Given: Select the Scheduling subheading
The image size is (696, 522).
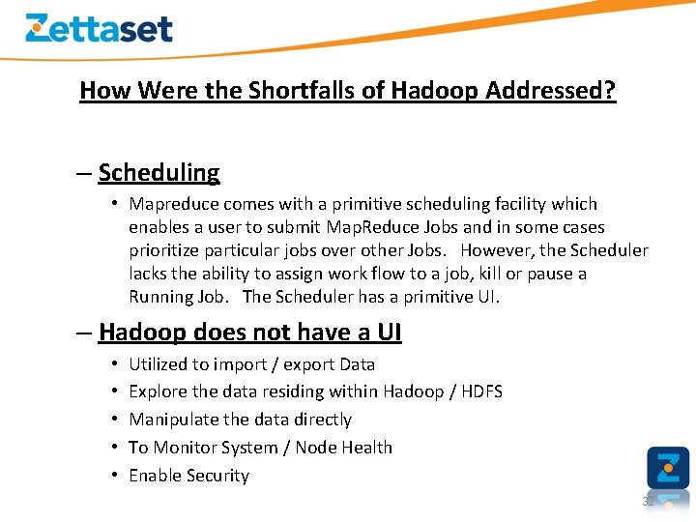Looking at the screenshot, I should pyautogui.click(x=159, y=173).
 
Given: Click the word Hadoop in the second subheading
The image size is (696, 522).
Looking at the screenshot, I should pyautogui.click(x=143, y=333).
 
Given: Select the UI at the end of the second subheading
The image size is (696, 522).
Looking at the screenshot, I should pyautogui.click(x=388, y=333).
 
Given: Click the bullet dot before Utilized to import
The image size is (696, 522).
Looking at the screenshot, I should pyautogui.click(x=114, y=364).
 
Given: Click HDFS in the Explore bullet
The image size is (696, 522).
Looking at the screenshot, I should pyautogui.click(x=478, y=391).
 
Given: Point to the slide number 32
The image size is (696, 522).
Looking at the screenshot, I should pyautogui.click(x=648, y=502).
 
